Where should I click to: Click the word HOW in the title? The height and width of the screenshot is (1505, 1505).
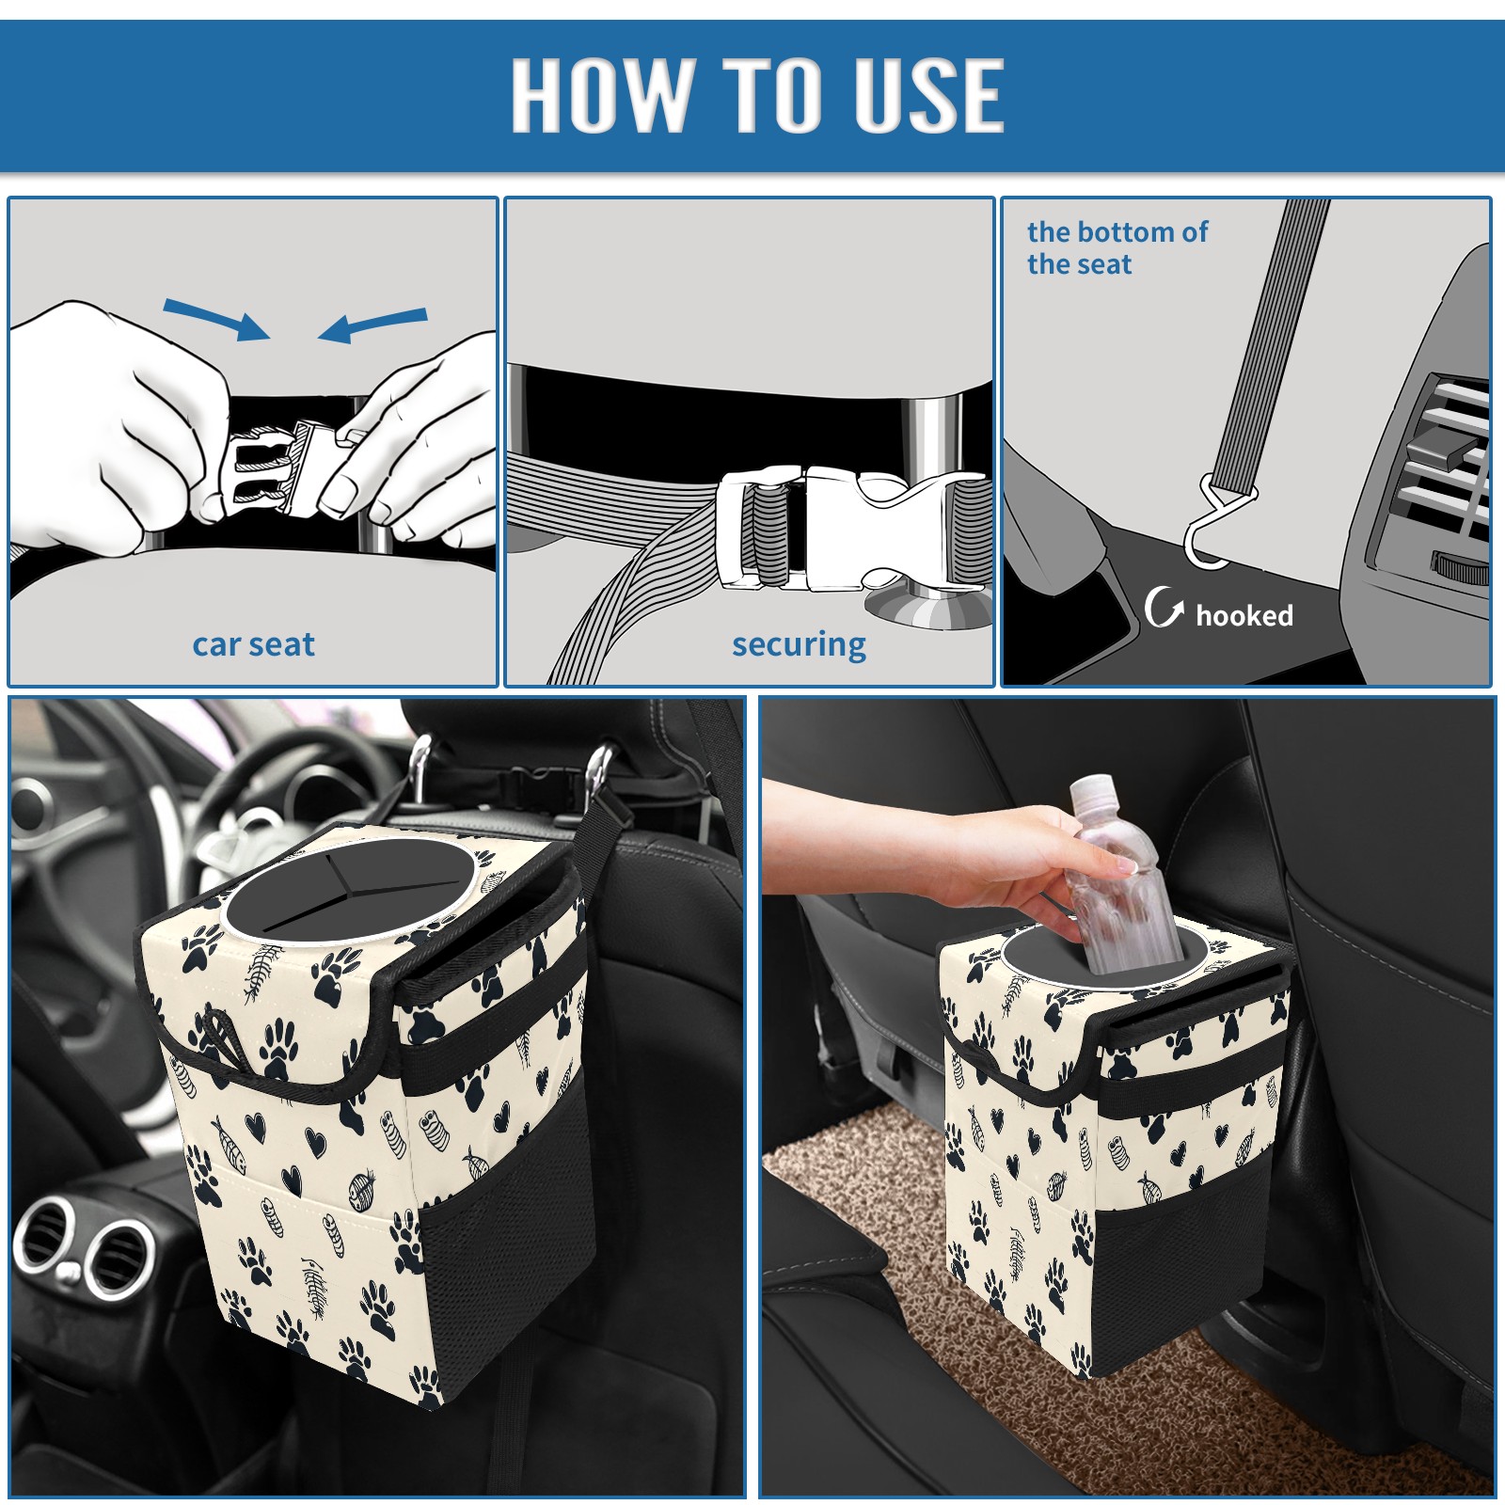(x=601, y=94)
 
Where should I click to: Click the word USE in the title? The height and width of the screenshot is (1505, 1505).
(x=928, y=94)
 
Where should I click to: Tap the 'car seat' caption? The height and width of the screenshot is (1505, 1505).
(x=253, y=644)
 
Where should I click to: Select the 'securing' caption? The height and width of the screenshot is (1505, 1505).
(x=799, y=645)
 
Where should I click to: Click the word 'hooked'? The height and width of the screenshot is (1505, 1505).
(x=1244, y=615)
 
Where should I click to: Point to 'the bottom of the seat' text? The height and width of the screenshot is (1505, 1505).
(x=1117, y=247)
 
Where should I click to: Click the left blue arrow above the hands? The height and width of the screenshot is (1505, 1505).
(x=216, y=319)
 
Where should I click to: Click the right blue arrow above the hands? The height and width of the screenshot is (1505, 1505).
(x=372, y=325)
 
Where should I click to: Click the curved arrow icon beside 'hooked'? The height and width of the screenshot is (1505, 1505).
(x=1164, y=607)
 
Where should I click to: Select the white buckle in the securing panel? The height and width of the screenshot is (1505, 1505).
(x=847, y=530)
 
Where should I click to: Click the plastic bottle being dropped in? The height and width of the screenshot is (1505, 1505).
(x=1119, y=874)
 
